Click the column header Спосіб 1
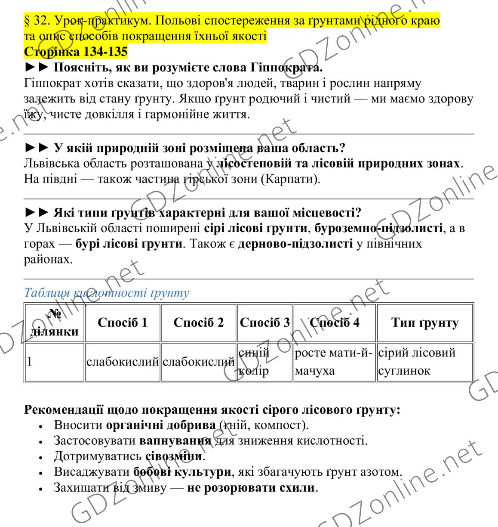123,323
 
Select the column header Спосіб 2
199,323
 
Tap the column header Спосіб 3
264,323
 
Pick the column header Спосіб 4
334,323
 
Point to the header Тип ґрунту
424,323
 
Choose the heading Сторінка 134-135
76,52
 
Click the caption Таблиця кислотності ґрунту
107,293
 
